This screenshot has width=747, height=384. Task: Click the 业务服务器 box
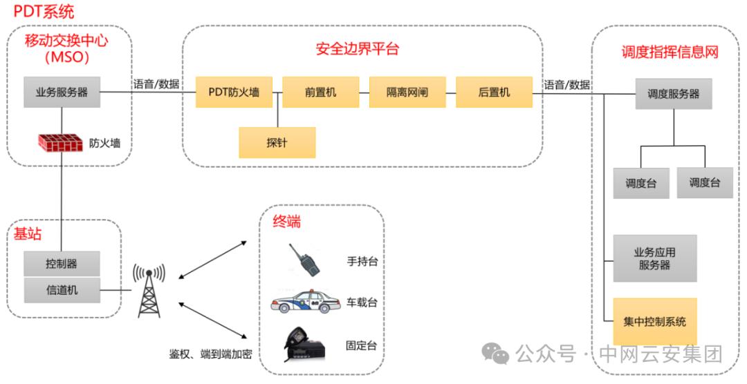point(62,92)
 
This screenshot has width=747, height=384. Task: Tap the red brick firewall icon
point(61,143)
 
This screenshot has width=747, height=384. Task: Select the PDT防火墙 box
point(234,92)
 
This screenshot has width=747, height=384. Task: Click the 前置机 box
point(321,92)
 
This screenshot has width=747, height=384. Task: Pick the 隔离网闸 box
point(407,92)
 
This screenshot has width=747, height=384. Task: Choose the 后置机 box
point(494,92)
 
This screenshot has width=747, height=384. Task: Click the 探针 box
point(277,142)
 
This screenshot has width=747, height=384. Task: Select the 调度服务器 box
point(673,93)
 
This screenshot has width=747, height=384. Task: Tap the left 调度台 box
point(641,184)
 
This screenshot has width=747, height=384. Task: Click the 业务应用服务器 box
point(654,258)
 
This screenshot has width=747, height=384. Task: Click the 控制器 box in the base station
point(62,264)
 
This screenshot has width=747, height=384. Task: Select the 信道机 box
point(62,290)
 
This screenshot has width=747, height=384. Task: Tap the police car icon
point(305,304)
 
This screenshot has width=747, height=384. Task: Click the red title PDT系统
point(44,12)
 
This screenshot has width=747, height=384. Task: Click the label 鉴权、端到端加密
point(210,354)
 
